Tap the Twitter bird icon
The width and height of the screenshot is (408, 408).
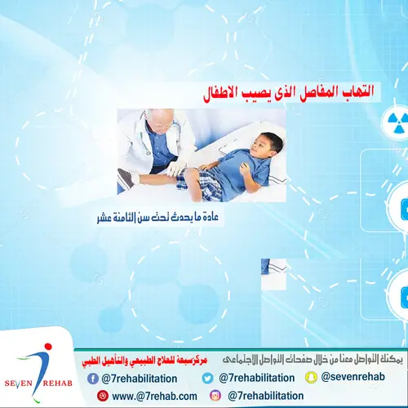(208, 378)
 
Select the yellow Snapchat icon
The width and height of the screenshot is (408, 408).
(310, 377)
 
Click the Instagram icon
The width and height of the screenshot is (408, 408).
(215, 396)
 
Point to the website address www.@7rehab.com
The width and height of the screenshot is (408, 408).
(157, 397)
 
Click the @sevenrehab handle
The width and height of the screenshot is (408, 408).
(350, 377)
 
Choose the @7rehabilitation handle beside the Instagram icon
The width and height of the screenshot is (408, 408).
(266, 397)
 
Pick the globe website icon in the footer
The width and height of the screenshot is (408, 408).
(102, 396)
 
